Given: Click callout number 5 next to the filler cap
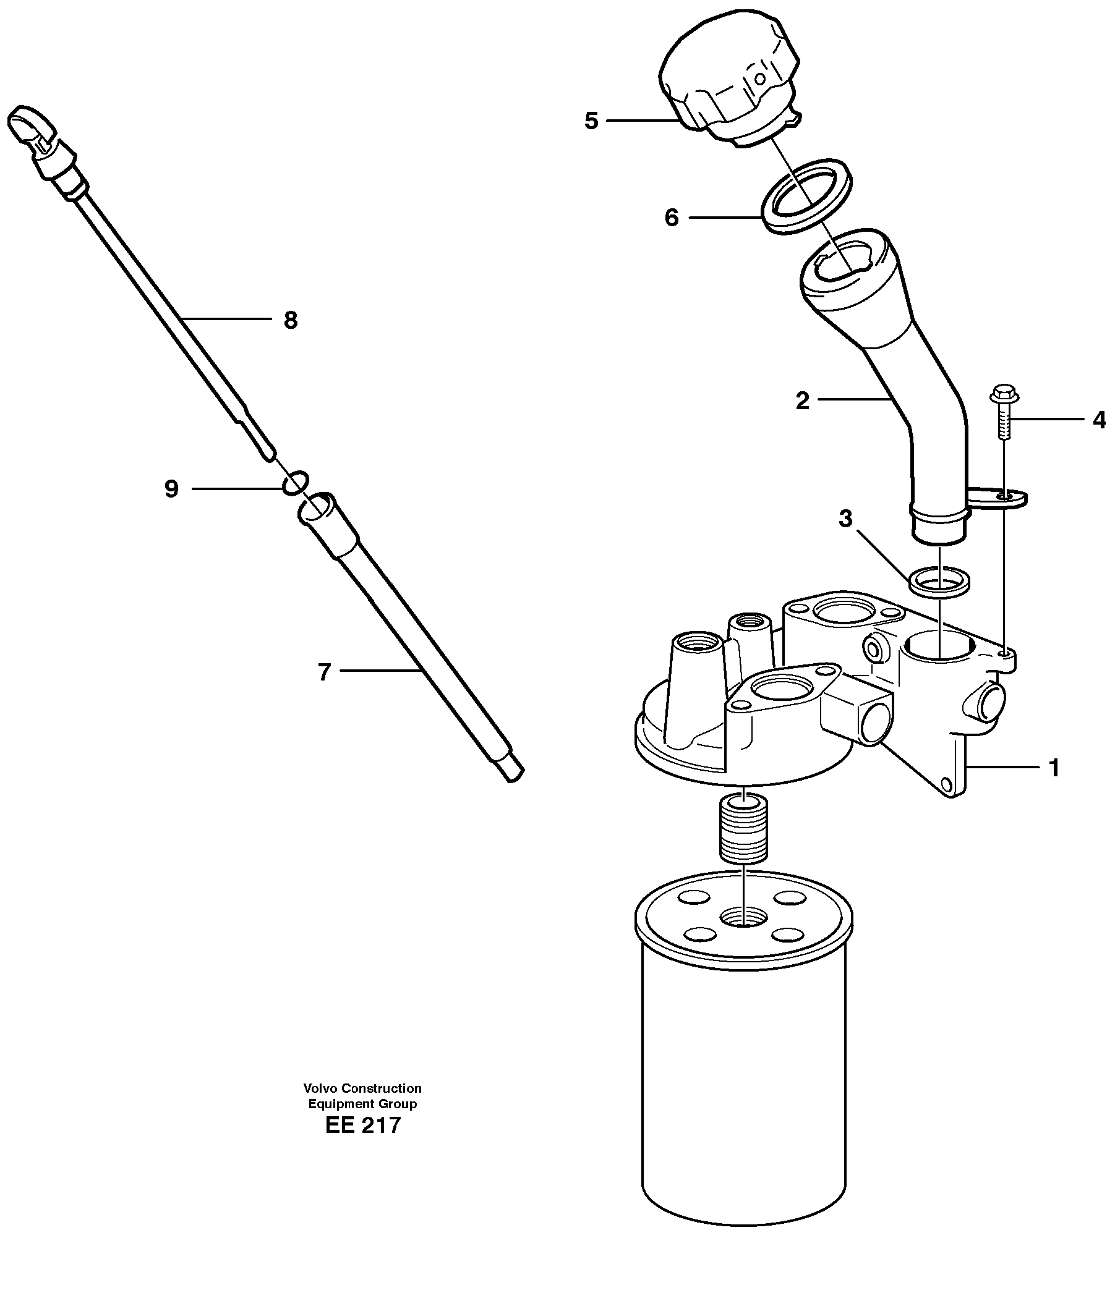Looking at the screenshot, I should click(591, 121).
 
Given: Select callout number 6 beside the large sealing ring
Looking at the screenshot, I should click(671, 218).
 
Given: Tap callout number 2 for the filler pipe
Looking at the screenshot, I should click(802, 401).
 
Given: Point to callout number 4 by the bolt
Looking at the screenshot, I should click(1099, 421).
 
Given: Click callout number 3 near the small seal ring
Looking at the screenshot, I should click(845, 519).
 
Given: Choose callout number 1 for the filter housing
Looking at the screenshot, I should click(1054, 768).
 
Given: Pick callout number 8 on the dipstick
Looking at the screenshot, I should click(290, 321).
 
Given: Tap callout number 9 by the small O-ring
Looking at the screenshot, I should click(171, 489).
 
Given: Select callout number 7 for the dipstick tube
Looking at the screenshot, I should click(323, 672).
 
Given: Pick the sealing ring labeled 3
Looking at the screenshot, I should click(939, 582).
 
